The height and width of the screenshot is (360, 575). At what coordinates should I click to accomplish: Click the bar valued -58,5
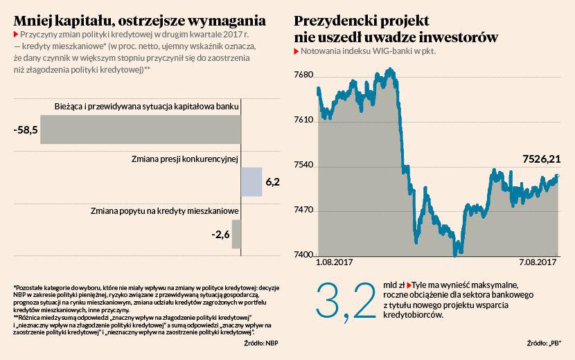[140, 129]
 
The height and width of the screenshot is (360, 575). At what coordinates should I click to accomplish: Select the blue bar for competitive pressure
[251, 182]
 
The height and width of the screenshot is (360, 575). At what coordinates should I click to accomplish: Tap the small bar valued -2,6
[236, 234]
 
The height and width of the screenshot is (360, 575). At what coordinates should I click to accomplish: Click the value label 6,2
[273, 182]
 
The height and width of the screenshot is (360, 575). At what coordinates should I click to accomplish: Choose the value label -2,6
[220, 234]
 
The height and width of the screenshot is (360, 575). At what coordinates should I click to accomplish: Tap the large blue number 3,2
[344, 301]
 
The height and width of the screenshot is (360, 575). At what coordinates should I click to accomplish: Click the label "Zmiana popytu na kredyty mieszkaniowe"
[165, 210]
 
